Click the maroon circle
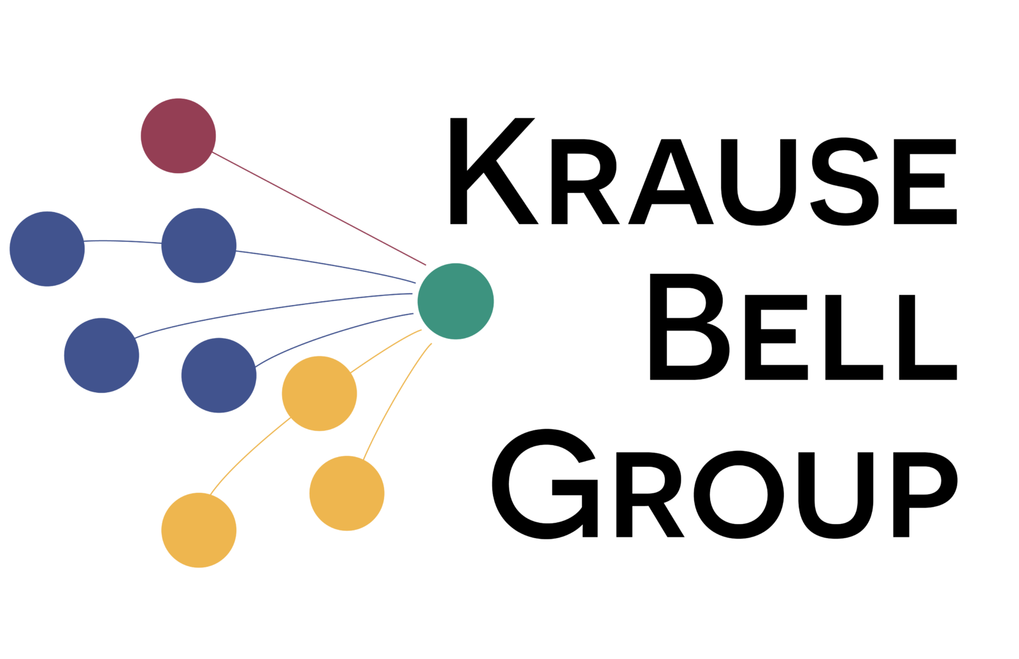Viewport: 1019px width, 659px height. tap(178, 136)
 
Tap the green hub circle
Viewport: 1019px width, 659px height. tap(455, 301)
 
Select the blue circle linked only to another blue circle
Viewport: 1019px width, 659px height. tap(47, 249)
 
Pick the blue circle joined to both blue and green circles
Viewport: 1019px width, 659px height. tap(199, 246)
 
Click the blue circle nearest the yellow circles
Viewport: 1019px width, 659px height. tap(219, 375)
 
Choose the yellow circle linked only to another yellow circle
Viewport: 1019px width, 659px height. tap(199, 530)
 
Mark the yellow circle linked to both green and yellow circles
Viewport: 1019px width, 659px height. tap(319, 393)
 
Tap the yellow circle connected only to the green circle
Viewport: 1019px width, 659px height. tap(346, 493)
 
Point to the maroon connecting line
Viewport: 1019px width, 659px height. tap(319, 208)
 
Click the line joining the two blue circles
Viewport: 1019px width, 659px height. tap(123, 241)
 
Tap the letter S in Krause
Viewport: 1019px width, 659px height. tap(844, 181)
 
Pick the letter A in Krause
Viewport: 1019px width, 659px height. tap(671, 181)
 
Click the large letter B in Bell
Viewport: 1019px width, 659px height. tap(690, 327)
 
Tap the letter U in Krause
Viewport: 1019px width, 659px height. tap(759, 182)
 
